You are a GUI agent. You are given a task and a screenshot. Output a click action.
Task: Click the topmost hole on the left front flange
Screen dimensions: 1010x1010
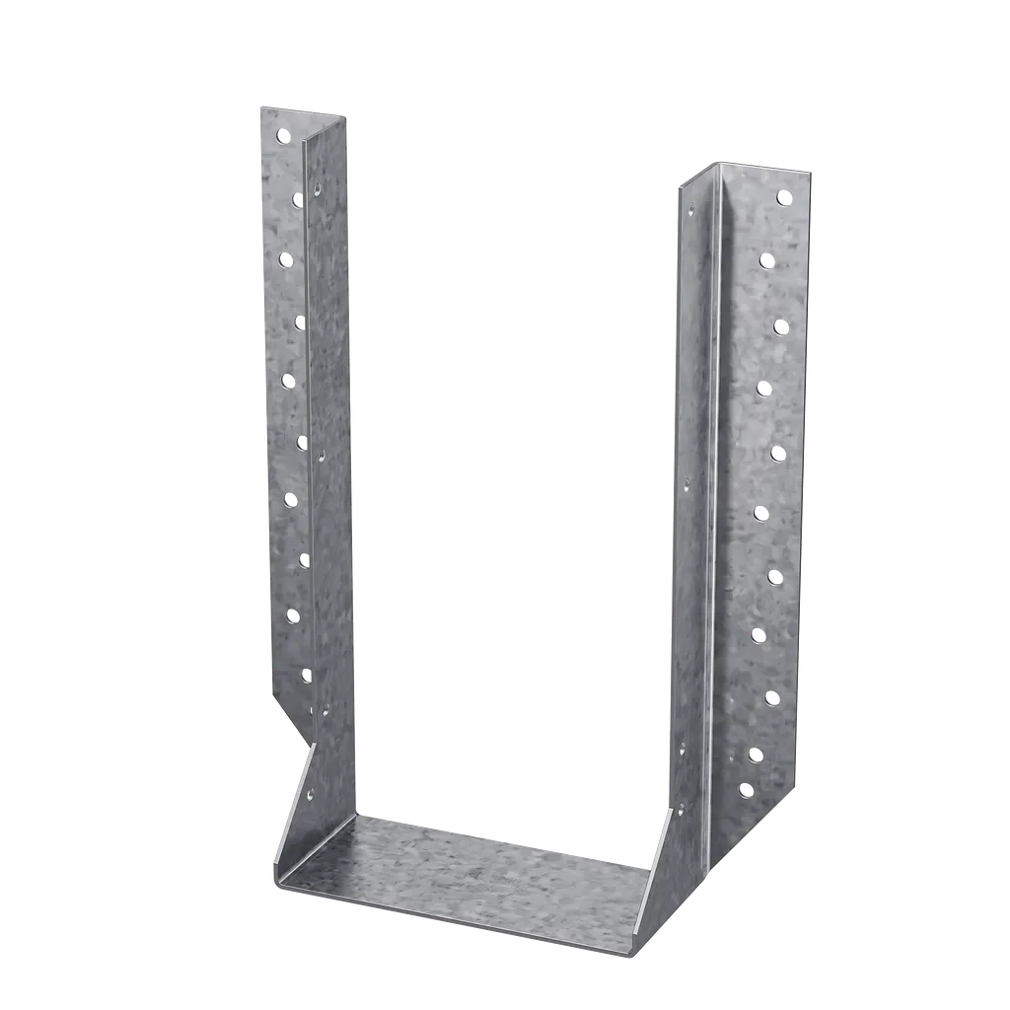(283, 134)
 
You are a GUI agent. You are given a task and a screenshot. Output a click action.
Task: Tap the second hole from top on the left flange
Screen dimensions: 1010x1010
(296, 200)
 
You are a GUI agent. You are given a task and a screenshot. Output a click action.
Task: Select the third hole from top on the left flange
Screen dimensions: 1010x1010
(286, 259)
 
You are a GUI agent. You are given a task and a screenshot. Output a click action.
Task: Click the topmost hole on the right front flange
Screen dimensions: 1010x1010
(784, 197)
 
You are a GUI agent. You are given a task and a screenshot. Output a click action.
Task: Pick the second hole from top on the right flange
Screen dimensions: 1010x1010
(766, 260)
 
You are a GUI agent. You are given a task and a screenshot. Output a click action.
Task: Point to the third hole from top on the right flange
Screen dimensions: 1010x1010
(780, 326)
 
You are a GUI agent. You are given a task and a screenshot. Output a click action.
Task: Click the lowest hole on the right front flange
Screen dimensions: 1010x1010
(746, 790)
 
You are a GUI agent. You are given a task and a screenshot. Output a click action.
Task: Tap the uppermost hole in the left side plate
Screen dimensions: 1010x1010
(318, 185)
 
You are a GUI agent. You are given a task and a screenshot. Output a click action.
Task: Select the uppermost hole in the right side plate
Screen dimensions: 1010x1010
(691, 209)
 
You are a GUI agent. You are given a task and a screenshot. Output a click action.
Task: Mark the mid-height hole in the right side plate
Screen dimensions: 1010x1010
(686, 484)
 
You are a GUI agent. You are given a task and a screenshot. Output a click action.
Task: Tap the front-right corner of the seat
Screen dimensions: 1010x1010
(631, 954)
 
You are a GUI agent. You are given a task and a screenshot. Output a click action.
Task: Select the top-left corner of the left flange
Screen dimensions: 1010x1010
(258, 107)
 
